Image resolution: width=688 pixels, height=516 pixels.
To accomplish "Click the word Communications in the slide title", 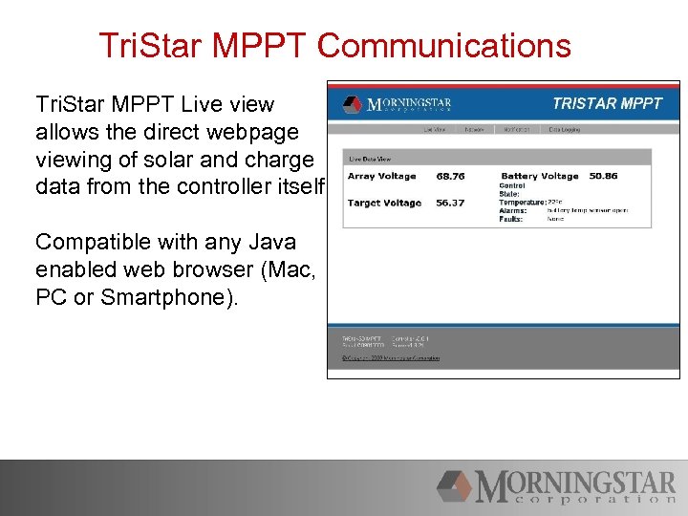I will coord(443,46).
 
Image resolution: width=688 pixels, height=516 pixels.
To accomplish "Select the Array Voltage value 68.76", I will coord(450,176).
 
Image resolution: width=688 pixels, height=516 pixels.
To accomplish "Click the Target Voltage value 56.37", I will coord(450,203).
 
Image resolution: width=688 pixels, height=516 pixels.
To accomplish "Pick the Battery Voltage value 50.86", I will coord(603,176).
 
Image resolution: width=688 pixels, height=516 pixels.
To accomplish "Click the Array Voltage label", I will coord(381,176).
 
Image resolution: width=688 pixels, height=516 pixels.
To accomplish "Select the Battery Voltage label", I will coord(540,176).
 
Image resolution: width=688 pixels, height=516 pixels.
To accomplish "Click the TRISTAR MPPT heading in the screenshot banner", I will coord(607,103).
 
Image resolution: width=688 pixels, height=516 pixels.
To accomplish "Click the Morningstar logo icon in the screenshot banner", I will coord(354,104).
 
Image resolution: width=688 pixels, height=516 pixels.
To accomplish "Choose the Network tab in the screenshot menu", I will coord(474,129).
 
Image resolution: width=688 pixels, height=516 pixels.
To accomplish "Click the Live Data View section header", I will coord(370,159).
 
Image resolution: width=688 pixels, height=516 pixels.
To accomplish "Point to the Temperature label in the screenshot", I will coord(523,203).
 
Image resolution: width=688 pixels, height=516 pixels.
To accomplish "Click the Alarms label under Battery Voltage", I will coord(513,211).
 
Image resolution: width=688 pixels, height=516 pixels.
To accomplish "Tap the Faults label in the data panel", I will coord(511,219).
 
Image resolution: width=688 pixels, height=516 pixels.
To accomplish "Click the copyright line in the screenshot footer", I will coord(391,358).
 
